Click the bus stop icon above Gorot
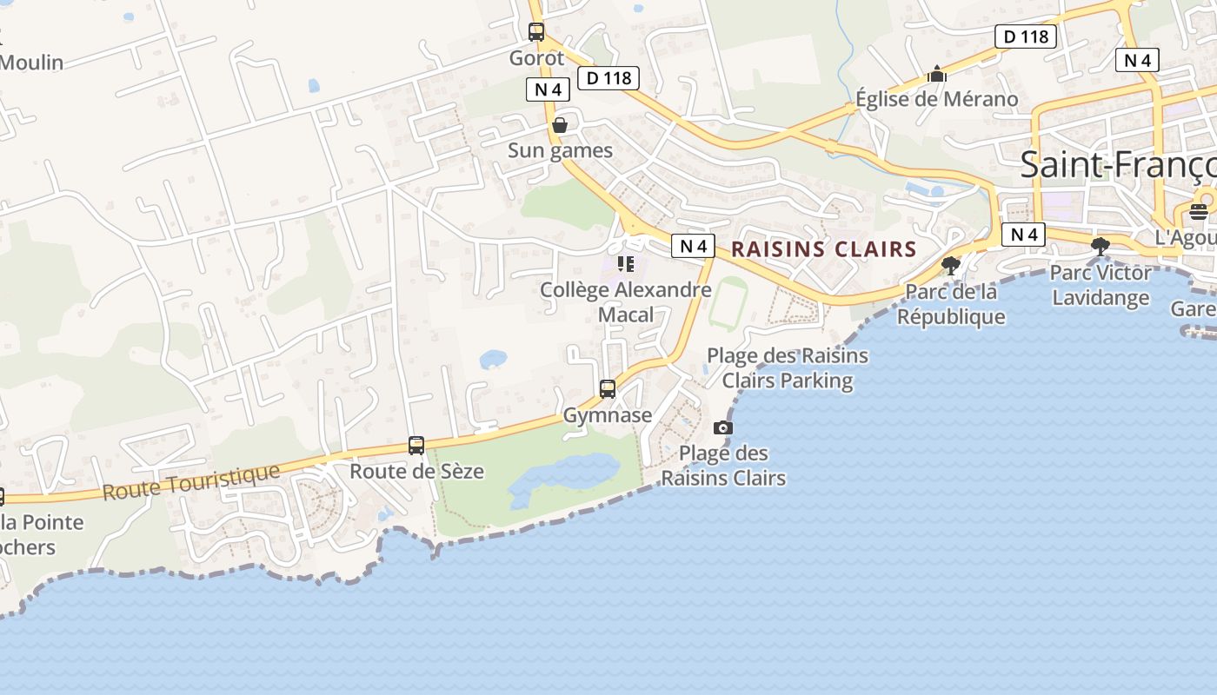[x=536, y=32]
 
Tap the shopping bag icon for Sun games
[x=560, y=125]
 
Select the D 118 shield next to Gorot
[x=608, y=78]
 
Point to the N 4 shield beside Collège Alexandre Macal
[x=693, y=246]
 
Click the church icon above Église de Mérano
[x=936, y=74]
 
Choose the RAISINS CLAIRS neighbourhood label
[x=823, y=249]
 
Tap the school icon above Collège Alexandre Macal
[x=625, y=263]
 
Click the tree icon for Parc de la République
[x=951, y=265]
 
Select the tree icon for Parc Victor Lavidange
[x=1101, y=246]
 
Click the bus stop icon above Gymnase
[x=608, y=388]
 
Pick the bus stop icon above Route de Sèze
[x=416, y=446]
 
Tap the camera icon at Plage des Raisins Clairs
[x=722, y=427]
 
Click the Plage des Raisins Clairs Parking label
[x=787, y=367]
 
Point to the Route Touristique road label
[x=191, y=482]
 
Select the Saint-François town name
[x=1117, y=164]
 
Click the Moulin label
[x=31, y=63]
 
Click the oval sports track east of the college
[x=728, y=303]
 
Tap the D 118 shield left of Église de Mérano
[x=1026, y=36]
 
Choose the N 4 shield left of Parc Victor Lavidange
[x=1023, y=234]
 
